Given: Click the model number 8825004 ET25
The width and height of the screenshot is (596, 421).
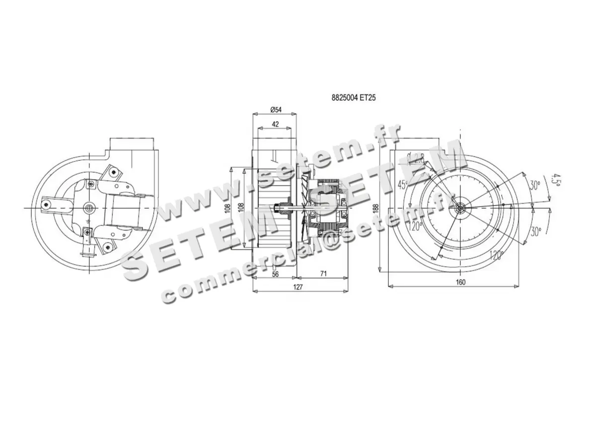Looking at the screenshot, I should pyautogui.click(x=353, y=98).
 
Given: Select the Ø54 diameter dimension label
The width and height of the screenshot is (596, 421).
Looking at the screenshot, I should pyautogui.click(x=276, y=109).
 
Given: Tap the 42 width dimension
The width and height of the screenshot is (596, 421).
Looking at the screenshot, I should pyautogui.click(x=275, y=124).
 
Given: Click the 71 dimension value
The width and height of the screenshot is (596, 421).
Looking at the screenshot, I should pyautogui.click(x=323, y=274).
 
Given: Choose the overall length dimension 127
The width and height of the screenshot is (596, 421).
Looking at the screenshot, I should pyautogui.click(x=298, y=287).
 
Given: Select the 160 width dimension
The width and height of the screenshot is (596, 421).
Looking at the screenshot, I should pyautogui.click(x=460, y=282).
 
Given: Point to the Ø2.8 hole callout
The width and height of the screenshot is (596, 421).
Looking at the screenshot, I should pyautogui.click(x=414, y=157).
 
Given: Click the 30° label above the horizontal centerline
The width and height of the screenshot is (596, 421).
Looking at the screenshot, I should pyautogui.click(x=534, y=185).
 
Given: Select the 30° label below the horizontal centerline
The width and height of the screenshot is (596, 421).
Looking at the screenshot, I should pyautogui.click(x=534, y=231).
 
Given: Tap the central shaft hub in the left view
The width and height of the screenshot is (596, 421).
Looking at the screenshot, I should pyautogui.click(x=89, y=207).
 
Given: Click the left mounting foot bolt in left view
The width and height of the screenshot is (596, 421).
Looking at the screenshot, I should pyautogui.click(x=46, y=204).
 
